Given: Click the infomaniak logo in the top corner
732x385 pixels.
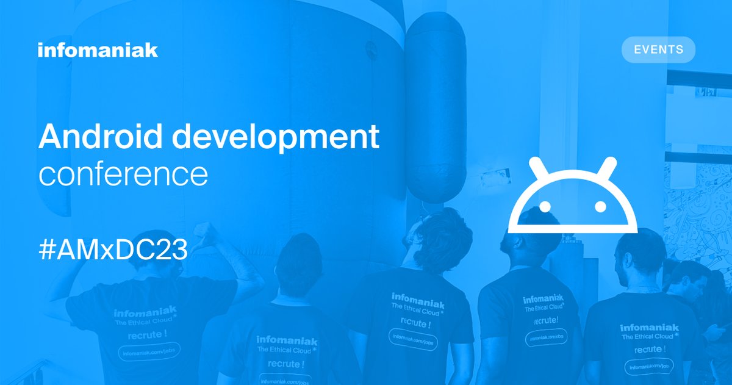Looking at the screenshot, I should (x=98, y=50).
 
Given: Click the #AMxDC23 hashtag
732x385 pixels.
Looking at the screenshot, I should (x=113, y=251).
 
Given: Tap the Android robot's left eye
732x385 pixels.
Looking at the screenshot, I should (x=545, y=207).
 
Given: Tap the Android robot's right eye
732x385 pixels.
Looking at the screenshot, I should (x=601, y=207).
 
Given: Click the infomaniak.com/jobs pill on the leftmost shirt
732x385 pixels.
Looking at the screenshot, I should (x=149, y=353).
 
